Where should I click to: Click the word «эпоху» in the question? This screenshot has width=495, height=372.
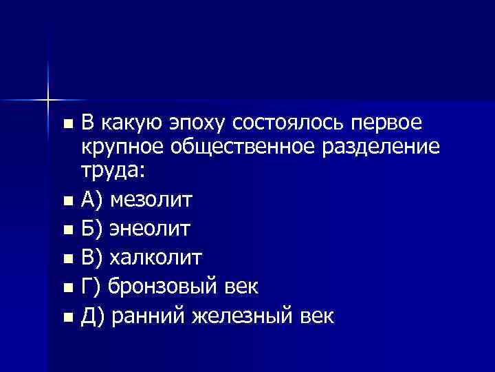(x=195, y=123)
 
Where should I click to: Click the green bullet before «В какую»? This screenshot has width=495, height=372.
(x=66, y=125)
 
